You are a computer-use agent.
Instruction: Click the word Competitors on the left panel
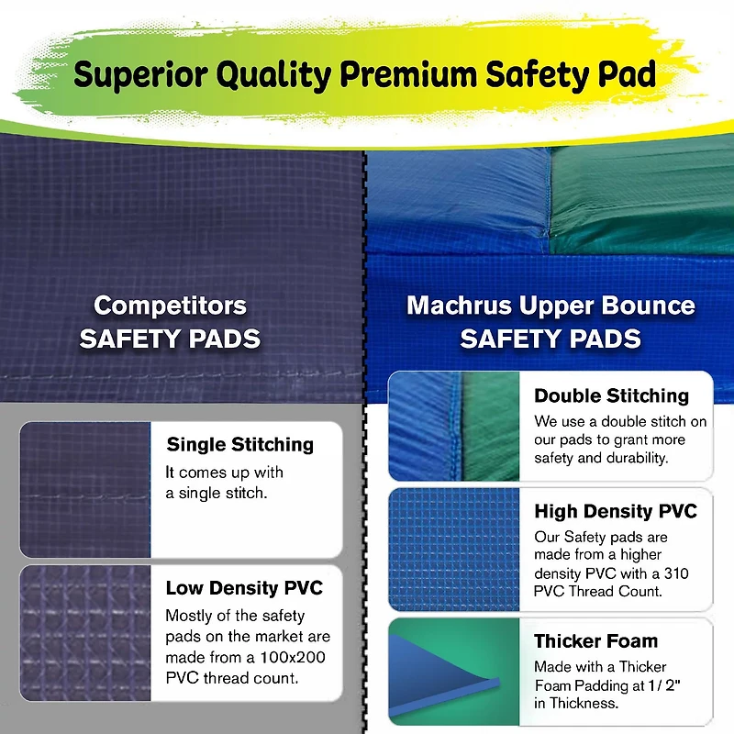(171, 305)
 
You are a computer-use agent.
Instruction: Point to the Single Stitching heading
(240, 445)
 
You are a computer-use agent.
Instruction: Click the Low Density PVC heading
(244, 587)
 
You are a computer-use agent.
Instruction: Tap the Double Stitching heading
(612, 395)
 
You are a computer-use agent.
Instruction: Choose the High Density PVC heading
(616, 511)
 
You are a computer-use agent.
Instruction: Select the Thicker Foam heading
(596, 640)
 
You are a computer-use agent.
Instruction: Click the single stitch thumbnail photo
(85, 489)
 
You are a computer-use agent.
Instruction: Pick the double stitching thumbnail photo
(453, 427)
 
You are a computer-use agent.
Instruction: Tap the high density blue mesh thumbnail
(453, 549)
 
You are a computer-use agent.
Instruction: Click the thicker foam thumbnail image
(453, 672)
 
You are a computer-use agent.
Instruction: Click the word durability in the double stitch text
(637, 457)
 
